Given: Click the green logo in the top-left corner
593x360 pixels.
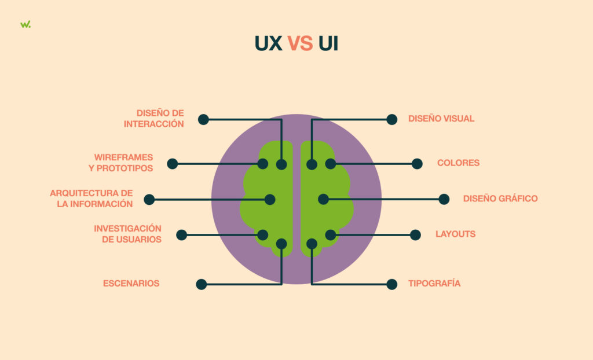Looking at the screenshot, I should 25,24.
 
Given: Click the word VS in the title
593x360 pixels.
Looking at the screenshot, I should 300,44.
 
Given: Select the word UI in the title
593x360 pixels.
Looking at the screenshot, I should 328,44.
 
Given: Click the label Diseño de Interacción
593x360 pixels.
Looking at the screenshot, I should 160,119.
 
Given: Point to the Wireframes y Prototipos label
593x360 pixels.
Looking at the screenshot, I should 124,163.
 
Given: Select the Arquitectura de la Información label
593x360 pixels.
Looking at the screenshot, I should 91,199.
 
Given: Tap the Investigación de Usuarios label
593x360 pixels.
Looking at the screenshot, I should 127,234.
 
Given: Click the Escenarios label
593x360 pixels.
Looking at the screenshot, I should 131,284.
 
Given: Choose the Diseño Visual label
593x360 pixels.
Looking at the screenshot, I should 441,119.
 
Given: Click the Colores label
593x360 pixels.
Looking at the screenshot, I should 458,163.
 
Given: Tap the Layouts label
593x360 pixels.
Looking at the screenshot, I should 455,234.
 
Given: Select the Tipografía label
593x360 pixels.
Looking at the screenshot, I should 434,284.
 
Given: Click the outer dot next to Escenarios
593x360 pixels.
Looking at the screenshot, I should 202,284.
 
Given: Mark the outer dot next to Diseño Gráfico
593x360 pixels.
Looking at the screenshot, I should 444,199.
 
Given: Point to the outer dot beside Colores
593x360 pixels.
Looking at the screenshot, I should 417,164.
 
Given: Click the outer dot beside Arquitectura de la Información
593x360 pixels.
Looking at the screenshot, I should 149,200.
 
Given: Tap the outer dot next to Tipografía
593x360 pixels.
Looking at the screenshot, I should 392,284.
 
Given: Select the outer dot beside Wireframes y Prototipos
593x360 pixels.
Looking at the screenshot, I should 173,164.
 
